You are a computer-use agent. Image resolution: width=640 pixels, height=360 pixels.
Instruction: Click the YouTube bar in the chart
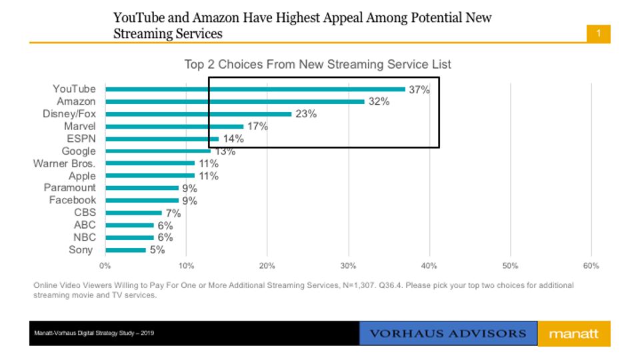click(x=255, y=89)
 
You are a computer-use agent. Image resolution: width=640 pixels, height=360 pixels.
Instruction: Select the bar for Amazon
click(x=235, y=101)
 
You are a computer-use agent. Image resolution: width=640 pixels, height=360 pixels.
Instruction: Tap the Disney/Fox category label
click(x=69, y=114)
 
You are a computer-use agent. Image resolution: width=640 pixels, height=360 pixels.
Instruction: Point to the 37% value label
click(x=419, y=90)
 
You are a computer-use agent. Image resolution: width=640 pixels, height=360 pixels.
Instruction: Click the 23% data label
click(x=306, y=114)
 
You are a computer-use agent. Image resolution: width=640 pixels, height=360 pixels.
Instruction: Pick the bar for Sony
click(x=125, y=250)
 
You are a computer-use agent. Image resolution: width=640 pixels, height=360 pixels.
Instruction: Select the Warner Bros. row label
click(x=65, y=163)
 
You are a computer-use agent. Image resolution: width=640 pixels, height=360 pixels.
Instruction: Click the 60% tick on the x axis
click(x=591, y=265)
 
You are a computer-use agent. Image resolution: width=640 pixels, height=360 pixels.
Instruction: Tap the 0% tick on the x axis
click(x=105, y=265)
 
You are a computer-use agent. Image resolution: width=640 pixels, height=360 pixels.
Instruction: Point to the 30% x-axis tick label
click(x=348, y=265)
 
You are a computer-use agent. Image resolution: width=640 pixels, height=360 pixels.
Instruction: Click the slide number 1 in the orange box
click(x=599, y=33)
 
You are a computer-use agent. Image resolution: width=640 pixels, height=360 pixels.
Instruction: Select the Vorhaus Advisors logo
click(x=448, y=333)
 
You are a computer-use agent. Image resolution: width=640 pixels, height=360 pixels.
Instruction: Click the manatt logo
click(x=573, y=333)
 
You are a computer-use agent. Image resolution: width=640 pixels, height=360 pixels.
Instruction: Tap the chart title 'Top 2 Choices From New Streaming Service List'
click(x=317, y=65)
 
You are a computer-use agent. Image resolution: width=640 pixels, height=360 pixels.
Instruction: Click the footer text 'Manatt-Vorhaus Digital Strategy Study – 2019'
click(x=94, y=333)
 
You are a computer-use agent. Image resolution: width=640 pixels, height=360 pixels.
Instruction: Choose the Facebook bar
click(x=142, y=200)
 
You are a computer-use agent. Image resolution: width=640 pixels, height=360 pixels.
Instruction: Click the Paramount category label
click(x=70, y=188)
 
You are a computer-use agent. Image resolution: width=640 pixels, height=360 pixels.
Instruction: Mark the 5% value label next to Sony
click(x=157, y=250)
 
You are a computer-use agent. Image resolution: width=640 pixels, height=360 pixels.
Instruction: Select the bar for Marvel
click(x=175, y=126)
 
